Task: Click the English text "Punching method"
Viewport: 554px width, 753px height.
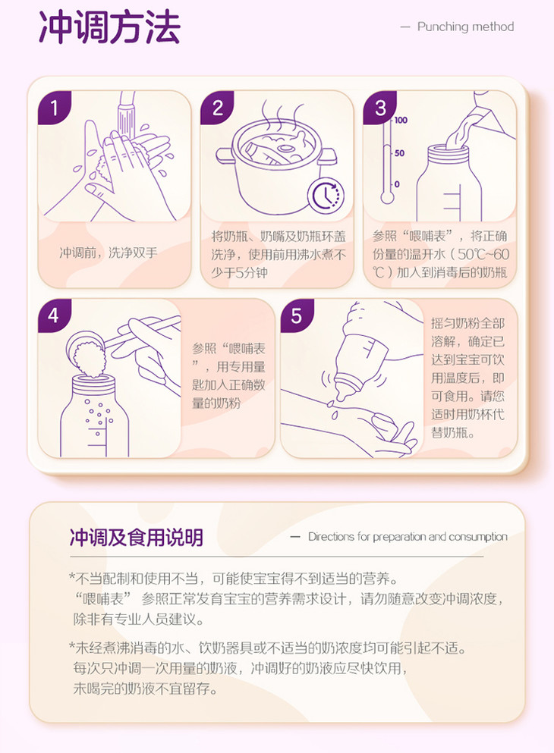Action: click(x=466, y=27)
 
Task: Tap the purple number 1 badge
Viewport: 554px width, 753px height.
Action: click(x=55, y=108)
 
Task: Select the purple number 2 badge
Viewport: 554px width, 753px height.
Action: click(x=217, y=108)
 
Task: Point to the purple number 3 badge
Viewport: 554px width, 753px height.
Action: click(x=380, y=108)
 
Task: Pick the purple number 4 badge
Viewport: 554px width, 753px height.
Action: click(x=55, y=315)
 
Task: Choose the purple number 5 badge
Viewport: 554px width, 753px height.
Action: click(x=297, y=315)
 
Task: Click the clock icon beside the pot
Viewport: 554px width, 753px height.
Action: click(x=326, y=196)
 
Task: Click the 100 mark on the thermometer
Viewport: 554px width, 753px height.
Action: click(x=401, y=120)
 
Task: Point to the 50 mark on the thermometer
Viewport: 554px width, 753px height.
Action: click(x=399, y=153)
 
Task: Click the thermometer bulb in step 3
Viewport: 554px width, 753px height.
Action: click(x=387, y=197)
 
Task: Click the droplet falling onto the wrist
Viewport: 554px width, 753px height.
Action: click(x=334, y=416)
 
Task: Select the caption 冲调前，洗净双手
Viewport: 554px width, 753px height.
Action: click(x=109, y=253)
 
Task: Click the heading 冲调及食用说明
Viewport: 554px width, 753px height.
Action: click(x=137, y=538)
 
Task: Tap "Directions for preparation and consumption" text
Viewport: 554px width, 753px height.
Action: click(x=408, y=536)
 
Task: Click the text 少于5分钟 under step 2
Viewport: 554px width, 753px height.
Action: click(x=239, y=273)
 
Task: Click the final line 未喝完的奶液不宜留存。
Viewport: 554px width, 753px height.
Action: click(x=146, y=689)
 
